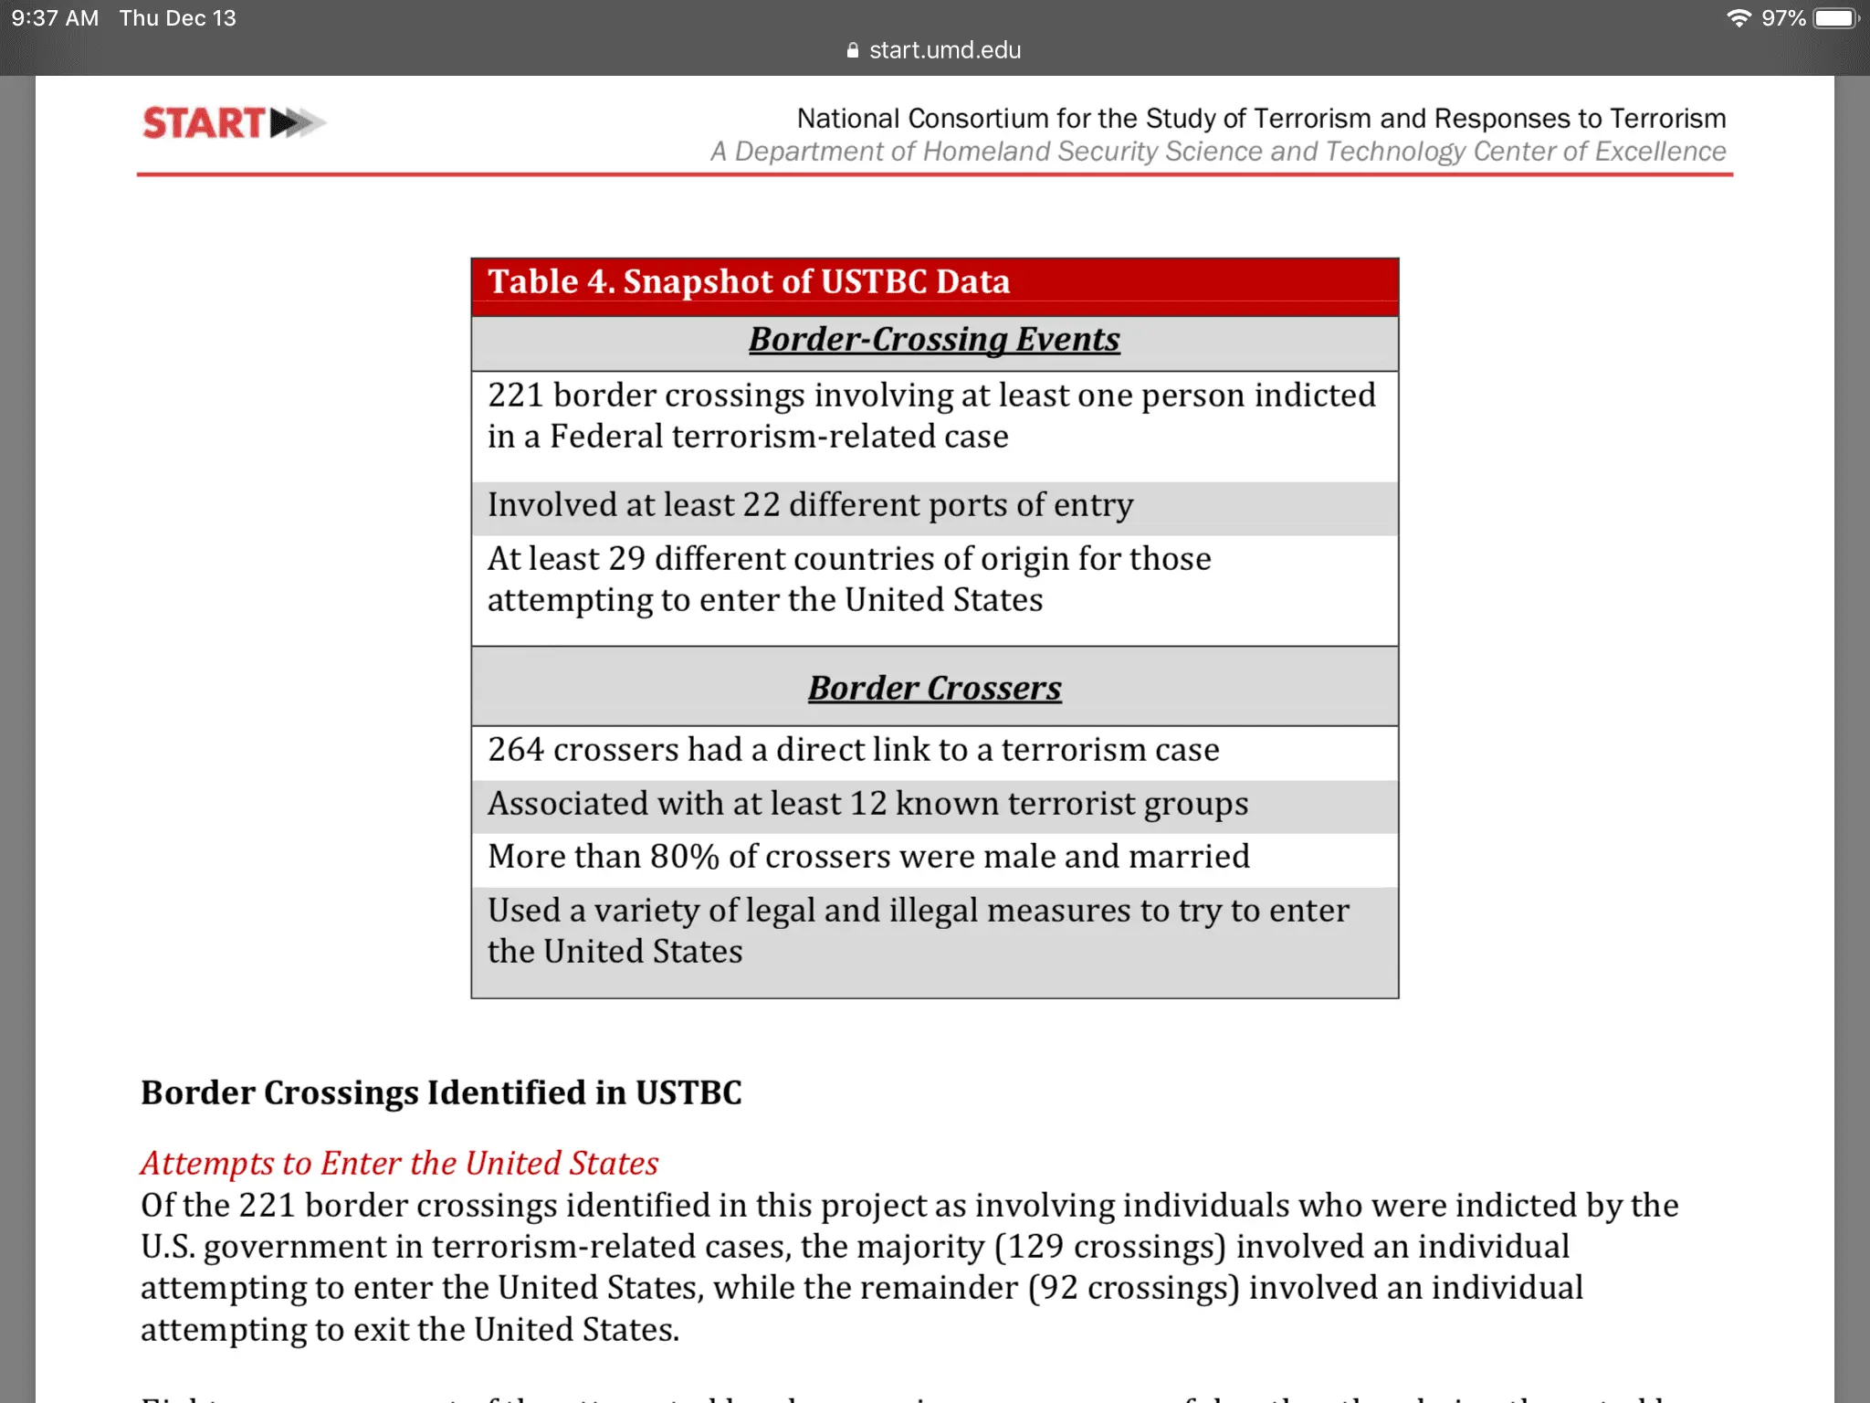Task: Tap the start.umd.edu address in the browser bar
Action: [944, 50]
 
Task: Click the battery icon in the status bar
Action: [1836, 18]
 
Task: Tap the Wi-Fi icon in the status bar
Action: [1739, 18]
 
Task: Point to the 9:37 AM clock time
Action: [55, 18]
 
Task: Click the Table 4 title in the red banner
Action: [749, 282]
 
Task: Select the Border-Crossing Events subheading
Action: [934, 340]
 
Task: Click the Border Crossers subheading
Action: [934, 689]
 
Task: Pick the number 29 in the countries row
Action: [626, 559]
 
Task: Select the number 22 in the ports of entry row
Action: [761, 505]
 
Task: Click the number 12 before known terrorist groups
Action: [867, 804]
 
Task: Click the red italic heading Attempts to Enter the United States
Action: [399, 1164]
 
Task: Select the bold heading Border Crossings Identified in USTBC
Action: [441, 1093]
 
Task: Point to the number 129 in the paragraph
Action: [1035, 1247]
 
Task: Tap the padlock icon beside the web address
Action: [853, 50]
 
